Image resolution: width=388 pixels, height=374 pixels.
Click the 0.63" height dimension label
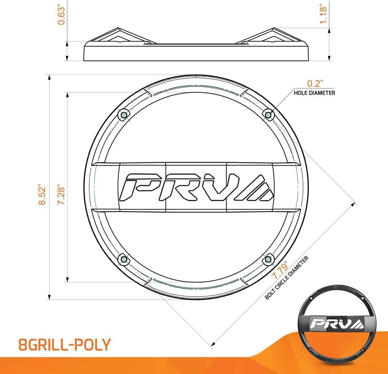pyautogui.click(x=61, y=16)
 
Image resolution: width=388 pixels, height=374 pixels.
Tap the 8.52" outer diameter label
pyautogui.click(x=42, y=194)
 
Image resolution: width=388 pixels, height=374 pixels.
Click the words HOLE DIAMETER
pyautogui.click(x=314, y=93)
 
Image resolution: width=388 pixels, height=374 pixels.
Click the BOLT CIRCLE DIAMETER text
pyautogui.click(x=287, y=278)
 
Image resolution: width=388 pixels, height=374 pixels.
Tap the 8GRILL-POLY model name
pyautogui.click(x=64, y=344)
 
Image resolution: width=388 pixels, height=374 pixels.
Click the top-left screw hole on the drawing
pyautogui.click(x=124, y=115)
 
